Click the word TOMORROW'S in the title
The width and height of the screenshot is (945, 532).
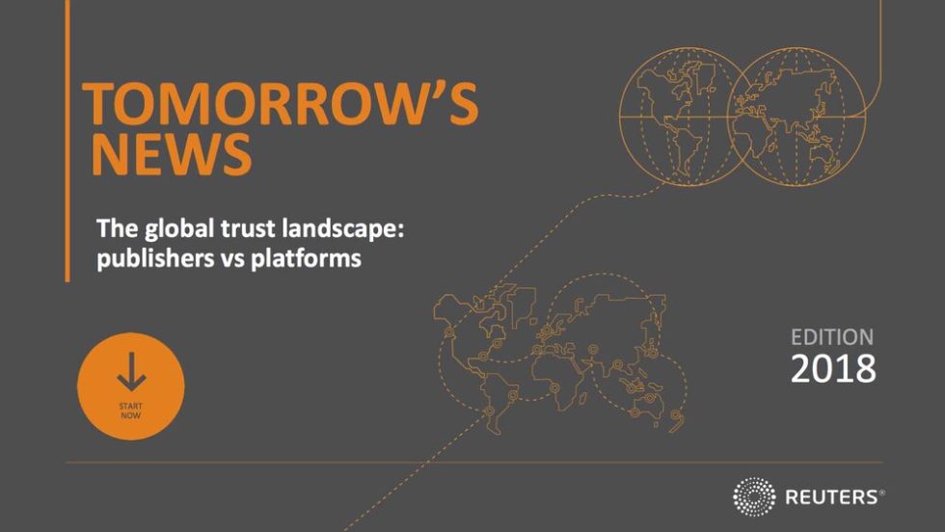(x=281, y=104)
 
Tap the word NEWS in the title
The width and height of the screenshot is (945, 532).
(x=172, y=154)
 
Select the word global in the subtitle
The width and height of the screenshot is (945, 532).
(x=173, y=229)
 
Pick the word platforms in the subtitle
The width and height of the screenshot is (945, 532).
(x=306, y=258)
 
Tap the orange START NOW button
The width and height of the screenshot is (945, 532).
(x=131, y=386)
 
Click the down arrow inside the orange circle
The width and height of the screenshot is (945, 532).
(x=131, y=372)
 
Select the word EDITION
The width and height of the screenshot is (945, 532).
(x=831, y=336)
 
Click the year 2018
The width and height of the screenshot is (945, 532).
(x=833, y=368)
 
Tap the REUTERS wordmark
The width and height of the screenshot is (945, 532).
(x=835, y=497)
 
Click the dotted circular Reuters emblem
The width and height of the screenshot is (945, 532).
(x=754, y=496)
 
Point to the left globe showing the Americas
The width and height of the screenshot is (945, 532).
(x=621, y=117)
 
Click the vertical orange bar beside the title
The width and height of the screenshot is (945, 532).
(x=67, y=141)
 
